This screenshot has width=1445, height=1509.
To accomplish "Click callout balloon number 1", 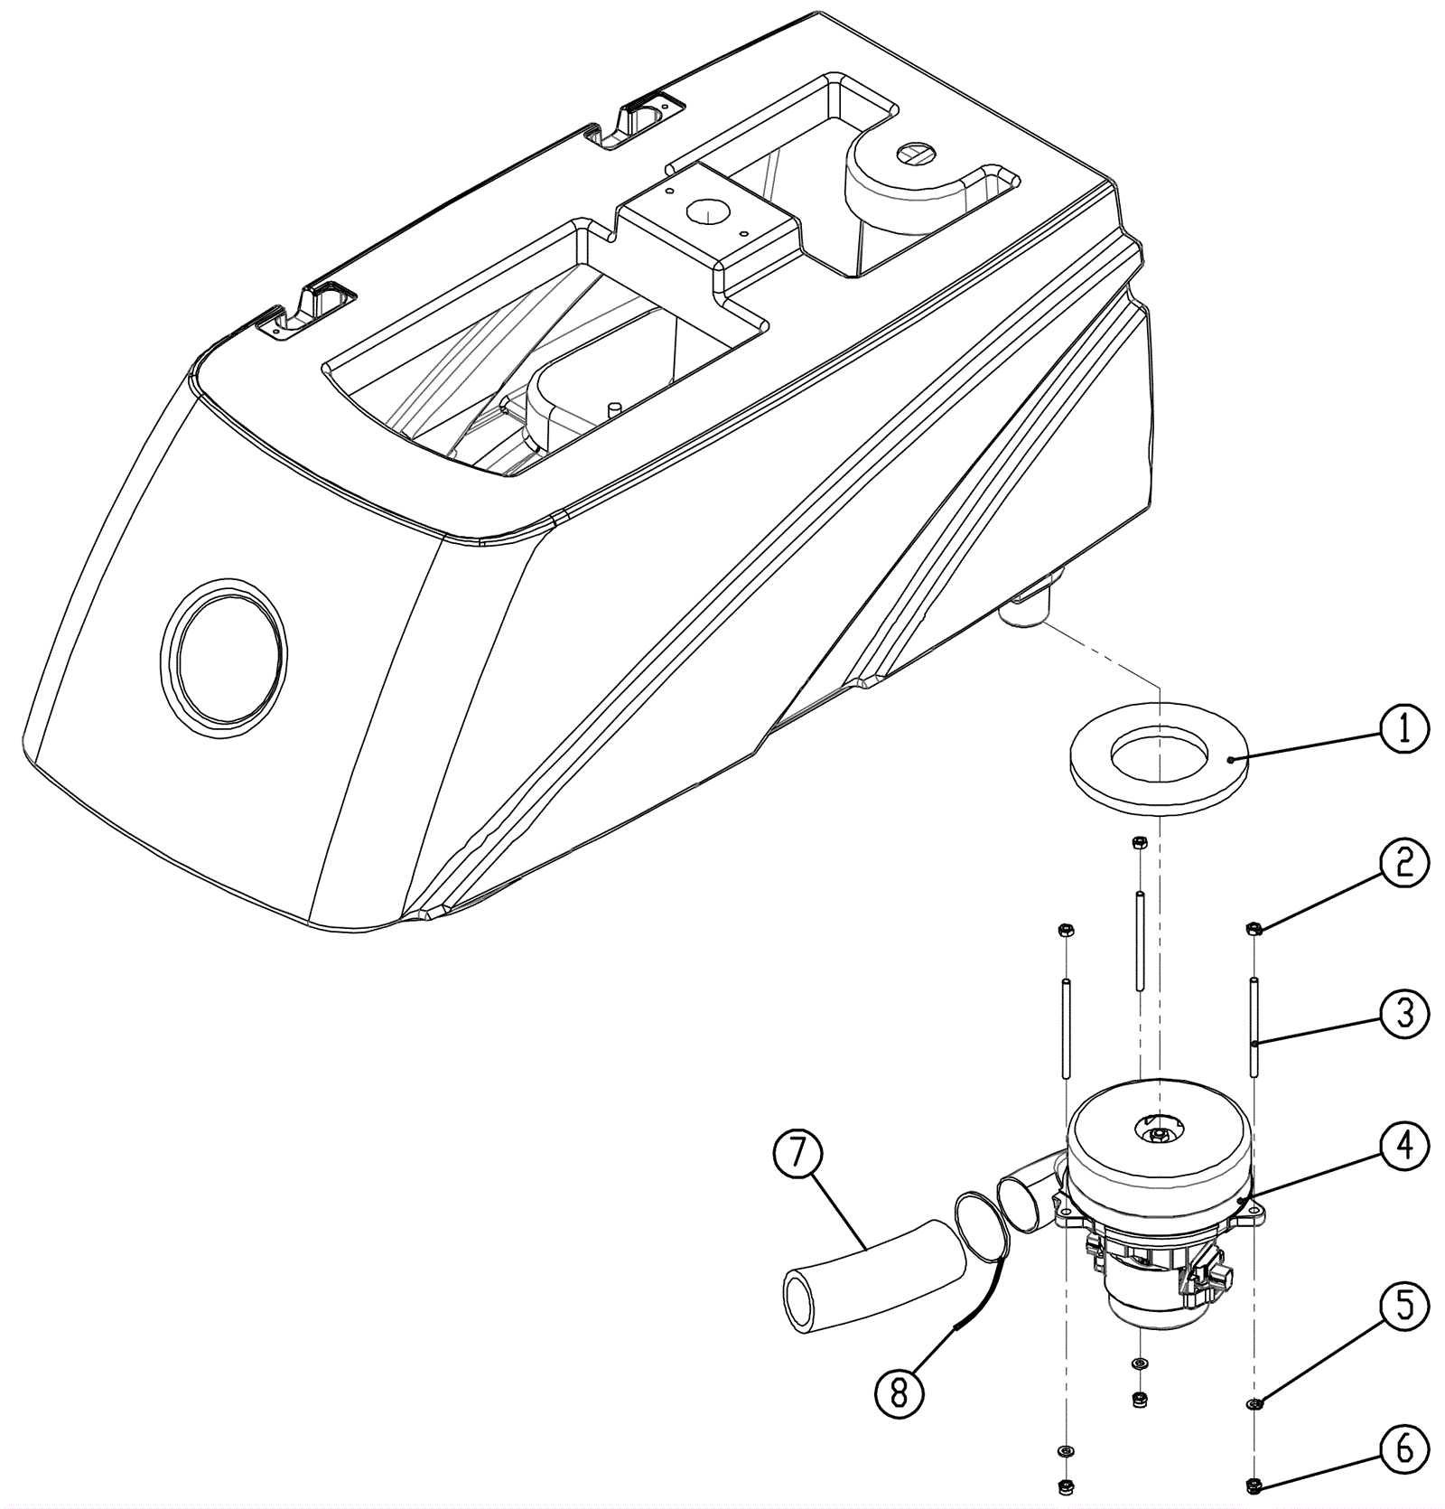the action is tap(1403, 730).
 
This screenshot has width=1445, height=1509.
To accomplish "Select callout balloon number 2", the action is tap(1403, 863).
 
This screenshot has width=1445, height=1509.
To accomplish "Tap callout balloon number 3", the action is tap(1403, 1014).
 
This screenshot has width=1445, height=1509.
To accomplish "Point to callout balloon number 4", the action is tap(1403, 1146).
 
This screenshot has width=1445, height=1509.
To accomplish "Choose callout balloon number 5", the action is tap(1403, 1306).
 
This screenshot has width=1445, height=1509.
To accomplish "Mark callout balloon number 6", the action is tap(1403, 1449).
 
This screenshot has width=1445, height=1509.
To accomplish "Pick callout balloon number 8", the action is tap(899, 1393).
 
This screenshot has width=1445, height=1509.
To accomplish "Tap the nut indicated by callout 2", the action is tap(1254, 929).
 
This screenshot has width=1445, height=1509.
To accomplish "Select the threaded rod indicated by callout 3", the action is tap(1254, 1026).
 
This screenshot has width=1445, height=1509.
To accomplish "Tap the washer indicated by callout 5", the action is tap(1254, 1403).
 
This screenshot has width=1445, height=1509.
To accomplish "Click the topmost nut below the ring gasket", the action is tap(1140, 843).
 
